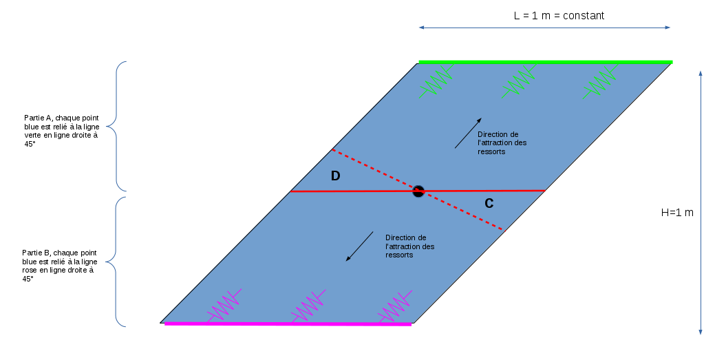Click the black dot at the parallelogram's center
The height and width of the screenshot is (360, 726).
pos(418,191)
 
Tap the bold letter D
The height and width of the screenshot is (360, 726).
pos(335,176)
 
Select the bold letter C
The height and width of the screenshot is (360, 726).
pos(489,203)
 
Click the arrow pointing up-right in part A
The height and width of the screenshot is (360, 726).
pos(468,133)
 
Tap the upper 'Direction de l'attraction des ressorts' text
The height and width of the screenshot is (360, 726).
pos(502,142)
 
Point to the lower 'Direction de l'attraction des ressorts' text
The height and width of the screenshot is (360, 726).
pos(410,246)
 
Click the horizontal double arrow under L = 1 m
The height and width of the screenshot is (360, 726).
pos(544,28)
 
